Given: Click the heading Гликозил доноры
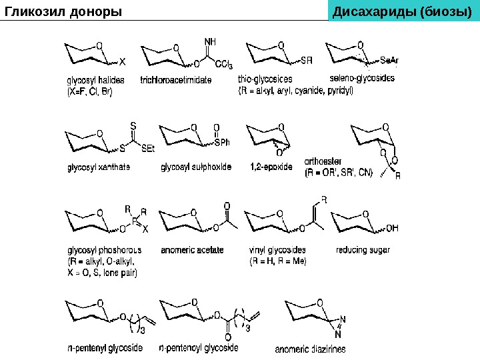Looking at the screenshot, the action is coord(64,11).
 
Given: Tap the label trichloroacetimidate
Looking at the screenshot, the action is coord(176,80).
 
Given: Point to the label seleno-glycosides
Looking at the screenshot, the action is coord(362,79).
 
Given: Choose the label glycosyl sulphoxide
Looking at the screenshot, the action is coord(197,167).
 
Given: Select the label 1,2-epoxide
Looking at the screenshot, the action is coord(271,167).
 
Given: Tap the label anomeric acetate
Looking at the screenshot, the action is coord(192,250).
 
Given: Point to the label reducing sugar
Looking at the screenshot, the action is coord(363,250).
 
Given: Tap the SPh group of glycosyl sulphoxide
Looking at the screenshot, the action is coord(221,142).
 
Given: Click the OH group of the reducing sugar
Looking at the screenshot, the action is coord(393,227).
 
